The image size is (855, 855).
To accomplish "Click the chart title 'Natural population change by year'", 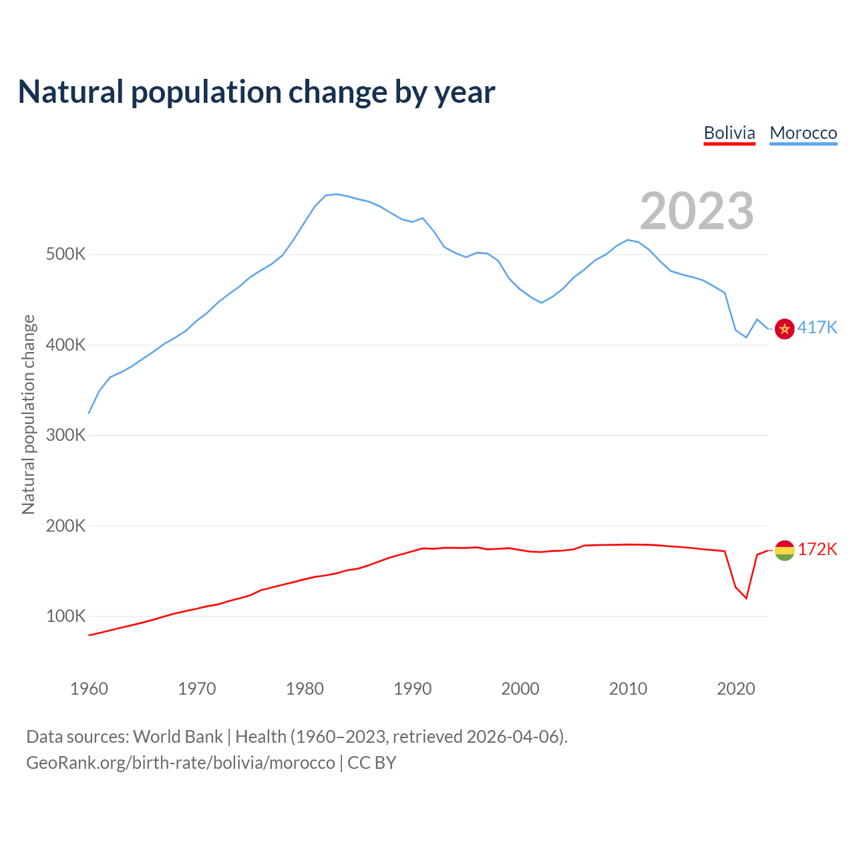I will (256, 92).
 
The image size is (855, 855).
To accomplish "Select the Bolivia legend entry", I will (729, 133).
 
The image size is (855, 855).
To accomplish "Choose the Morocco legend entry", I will (803, 133).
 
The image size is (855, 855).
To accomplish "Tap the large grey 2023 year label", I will (697, 211).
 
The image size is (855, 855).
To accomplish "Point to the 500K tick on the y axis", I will (66, 254).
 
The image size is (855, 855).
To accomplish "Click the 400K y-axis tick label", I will (66, 345).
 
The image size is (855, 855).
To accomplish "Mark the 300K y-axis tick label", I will (66, 436).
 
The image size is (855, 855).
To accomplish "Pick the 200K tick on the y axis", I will (66, 526).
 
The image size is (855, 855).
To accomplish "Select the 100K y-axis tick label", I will (66, 616).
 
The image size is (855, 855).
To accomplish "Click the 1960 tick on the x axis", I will (89, 689).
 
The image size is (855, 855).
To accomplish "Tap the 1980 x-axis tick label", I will (305, 689).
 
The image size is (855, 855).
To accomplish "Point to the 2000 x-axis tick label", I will (520, 689).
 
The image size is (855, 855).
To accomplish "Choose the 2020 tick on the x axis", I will (736, 689).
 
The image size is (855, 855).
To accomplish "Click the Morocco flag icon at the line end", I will (784, 329).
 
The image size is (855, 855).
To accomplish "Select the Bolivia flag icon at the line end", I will (784, 550).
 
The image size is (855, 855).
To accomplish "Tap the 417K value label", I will (817, 327).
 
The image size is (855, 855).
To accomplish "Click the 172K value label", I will (817, 549).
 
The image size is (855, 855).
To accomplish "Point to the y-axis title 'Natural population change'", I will (28, 414).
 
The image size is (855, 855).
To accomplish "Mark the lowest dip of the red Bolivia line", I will (746, 598).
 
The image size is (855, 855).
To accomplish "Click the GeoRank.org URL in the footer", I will (180, 763).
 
